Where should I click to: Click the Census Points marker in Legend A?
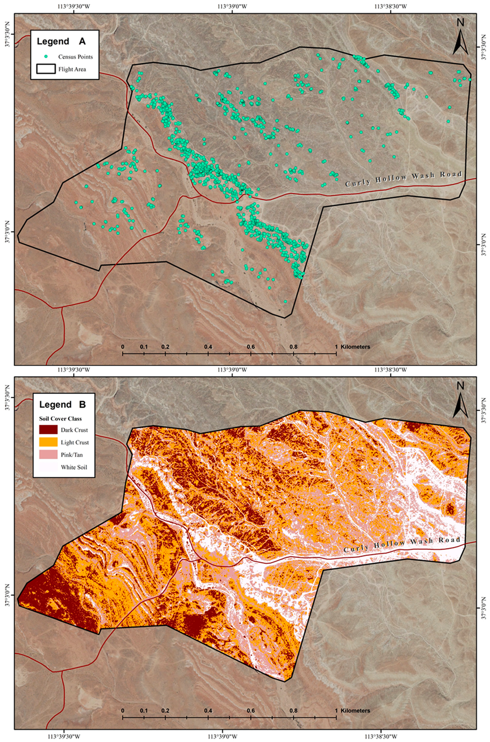click(x=46, y=57)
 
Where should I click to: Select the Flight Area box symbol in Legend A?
click(x=46, y=69)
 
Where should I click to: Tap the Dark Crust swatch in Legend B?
click(x=48, y=430)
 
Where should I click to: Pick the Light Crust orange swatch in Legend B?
click(x=48, y=442)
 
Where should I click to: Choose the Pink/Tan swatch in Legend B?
click(x=48, y=455)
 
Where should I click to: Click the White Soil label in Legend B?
click(x=74, y=467)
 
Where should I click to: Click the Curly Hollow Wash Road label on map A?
click(x=403, y=178)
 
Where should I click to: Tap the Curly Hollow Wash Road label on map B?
click(x=402, y=544)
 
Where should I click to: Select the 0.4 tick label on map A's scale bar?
click(x=208, y=347)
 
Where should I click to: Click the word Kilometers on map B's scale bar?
click(x=355, y=711)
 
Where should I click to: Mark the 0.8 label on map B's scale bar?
click(x=293, y=711)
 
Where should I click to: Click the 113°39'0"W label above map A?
click(x=232, y=6)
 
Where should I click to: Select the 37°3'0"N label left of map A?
click(x=7, y=232)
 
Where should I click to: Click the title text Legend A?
click(x=61, y=41)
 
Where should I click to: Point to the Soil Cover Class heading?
click(x=60, y=419)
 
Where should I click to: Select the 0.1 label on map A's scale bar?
click(x=143, y=347)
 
